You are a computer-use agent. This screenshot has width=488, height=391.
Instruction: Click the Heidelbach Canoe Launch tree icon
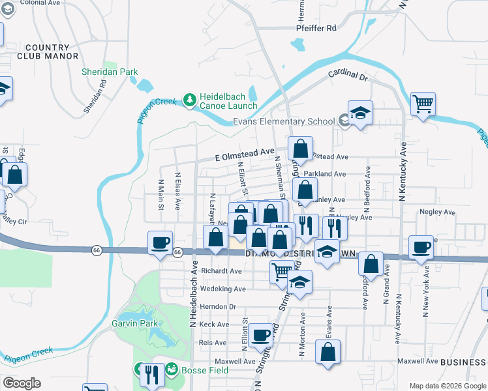tap(190, 100)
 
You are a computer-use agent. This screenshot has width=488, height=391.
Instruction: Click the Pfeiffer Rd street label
tap(316, 28)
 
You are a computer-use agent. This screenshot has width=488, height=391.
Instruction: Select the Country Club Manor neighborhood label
tap(46, 52)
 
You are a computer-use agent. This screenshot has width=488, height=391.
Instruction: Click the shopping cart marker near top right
tap(423, 104)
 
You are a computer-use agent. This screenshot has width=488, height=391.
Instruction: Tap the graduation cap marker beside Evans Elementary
tap(359, 113)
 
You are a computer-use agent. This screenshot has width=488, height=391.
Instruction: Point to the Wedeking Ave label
tap(223, 289)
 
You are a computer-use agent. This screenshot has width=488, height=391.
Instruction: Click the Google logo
tap(22, 383)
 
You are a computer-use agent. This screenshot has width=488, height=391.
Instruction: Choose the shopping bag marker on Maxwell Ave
tap(328, 352)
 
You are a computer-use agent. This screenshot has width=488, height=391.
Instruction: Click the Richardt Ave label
tap(222, 270)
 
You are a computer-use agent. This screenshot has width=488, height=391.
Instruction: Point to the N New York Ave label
tap(426, 293)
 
